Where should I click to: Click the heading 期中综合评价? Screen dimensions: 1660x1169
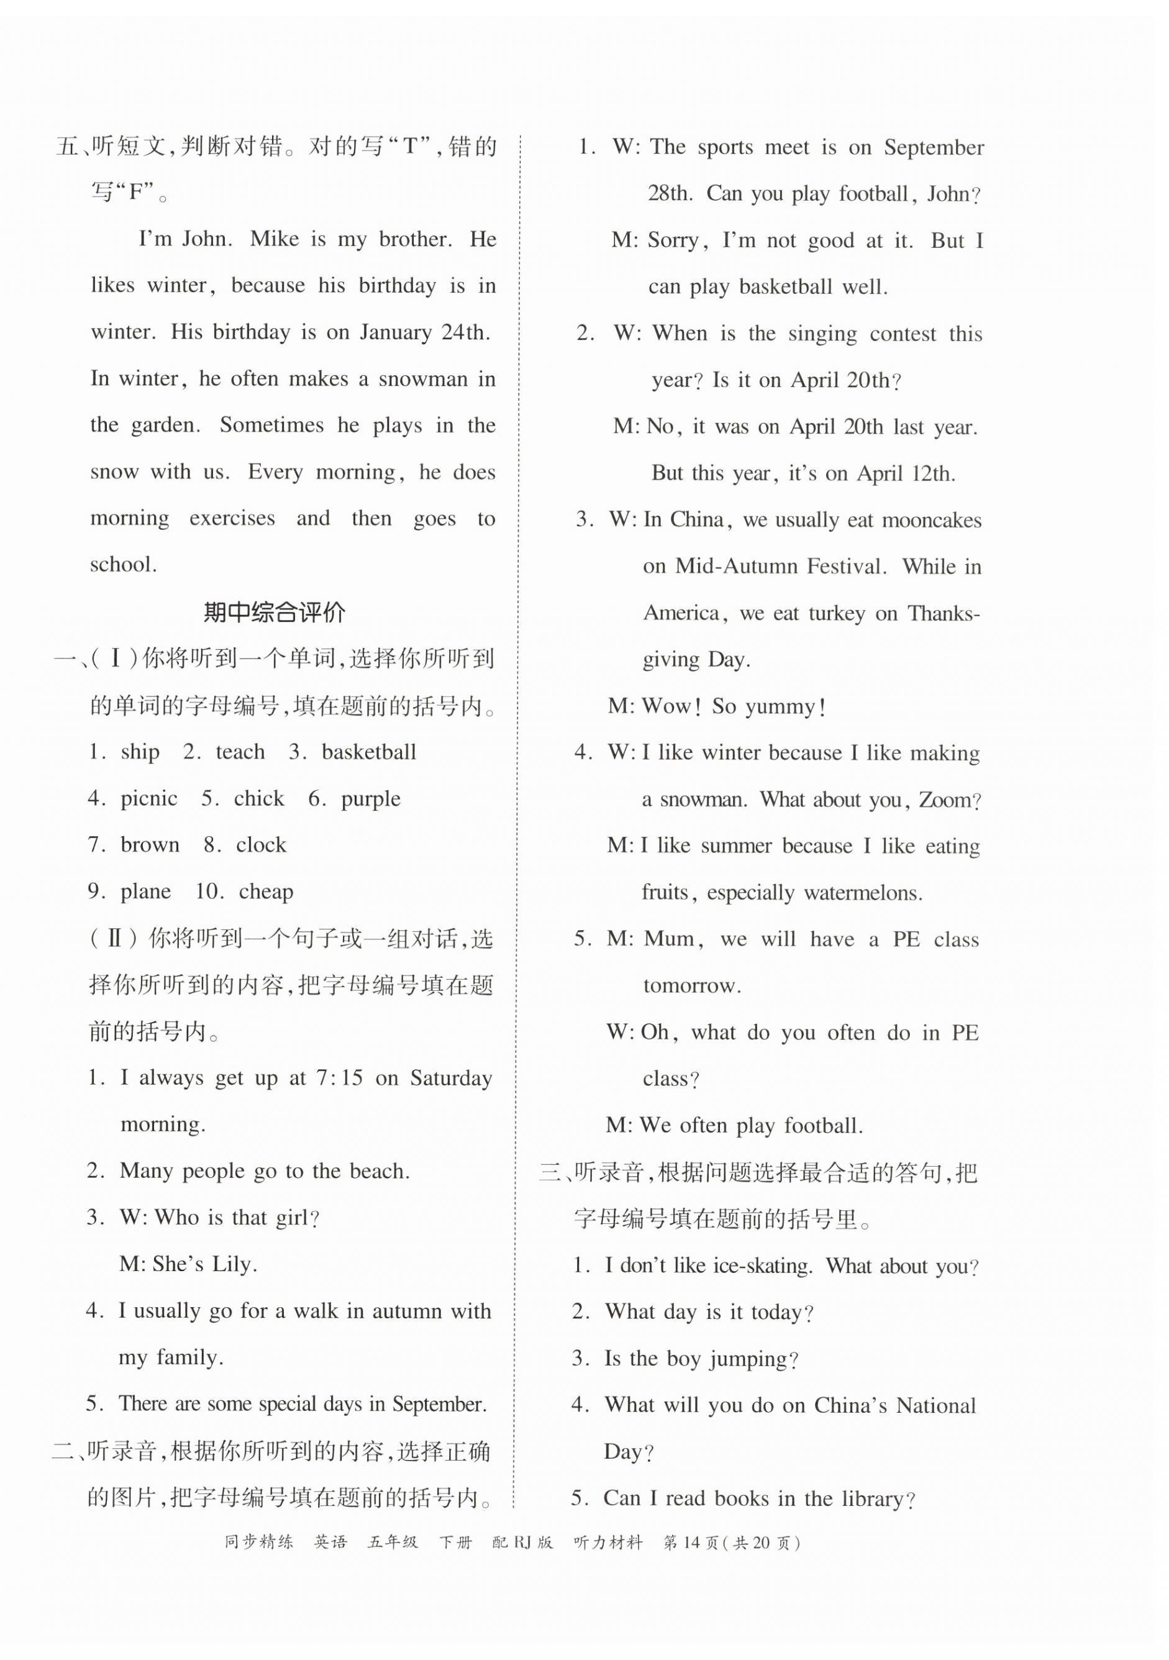[x=274, y=613]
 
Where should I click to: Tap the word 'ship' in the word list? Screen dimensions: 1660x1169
[x=140, y=752]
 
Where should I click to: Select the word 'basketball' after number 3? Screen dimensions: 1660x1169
[x=369, y=752]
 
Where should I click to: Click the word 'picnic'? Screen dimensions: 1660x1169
[x=149, y=798]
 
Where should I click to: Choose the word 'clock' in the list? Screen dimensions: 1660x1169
[x=261, y=844]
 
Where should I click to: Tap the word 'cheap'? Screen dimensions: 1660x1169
[x=266, y=892]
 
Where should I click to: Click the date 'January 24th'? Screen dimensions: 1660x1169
[x=424, y=332]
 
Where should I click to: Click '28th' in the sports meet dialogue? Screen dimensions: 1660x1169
[x=670, y=194]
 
